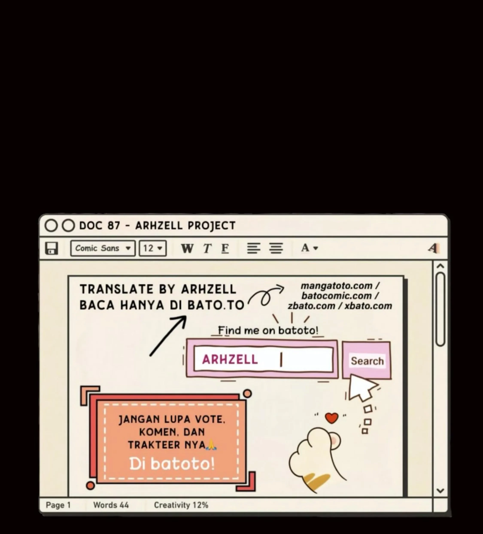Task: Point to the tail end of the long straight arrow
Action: click(x=150, y=356)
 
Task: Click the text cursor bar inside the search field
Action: click(x=281, y=360)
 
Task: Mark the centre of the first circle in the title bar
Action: click(x=51, y=226)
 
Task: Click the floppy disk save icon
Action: click(x=52, y=248)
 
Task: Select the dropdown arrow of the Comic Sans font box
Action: click(x=128, y=248)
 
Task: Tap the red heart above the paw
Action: click(x=332, y=418)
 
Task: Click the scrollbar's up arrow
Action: click(x=440, y=266)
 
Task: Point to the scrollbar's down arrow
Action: click(x=440, y=491)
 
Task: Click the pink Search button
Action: click(x=367, y=360)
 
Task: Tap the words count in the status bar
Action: click(x=111, y=505)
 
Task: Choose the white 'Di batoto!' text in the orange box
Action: click(x=172, y=463)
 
